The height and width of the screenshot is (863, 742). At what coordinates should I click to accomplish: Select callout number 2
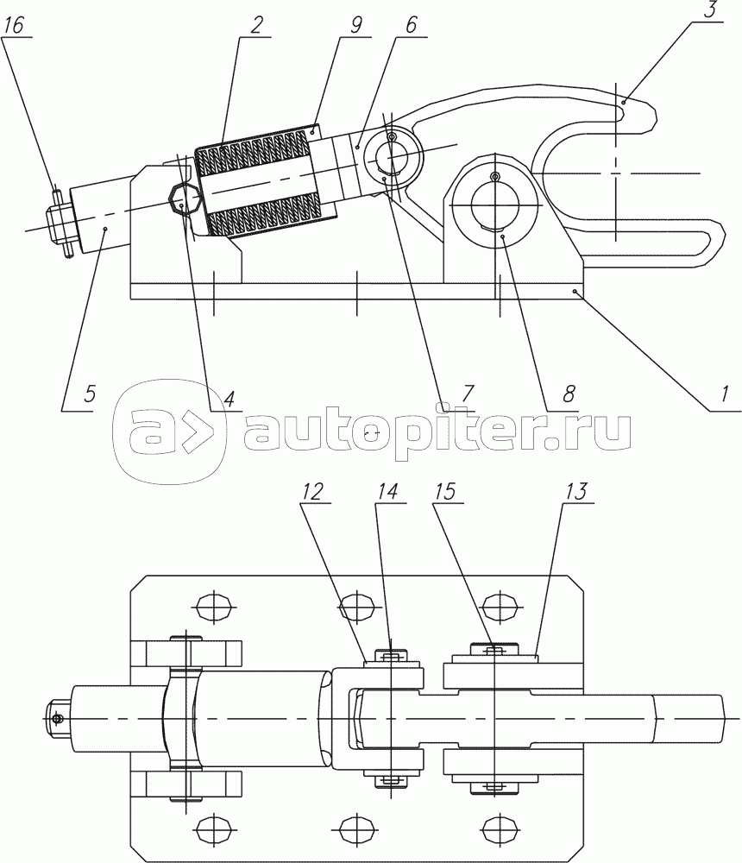pos(256,25)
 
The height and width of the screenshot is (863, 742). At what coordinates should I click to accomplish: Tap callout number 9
pos(356,25)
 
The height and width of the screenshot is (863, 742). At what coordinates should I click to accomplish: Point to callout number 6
pos(412,25)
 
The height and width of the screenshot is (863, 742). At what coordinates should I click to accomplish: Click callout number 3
pos(713,10)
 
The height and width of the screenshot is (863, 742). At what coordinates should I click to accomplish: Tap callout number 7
pos(467,393)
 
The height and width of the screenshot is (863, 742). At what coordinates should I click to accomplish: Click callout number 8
pos(569,394)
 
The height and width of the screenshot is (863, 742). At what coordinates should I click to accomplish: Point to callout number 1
pos(725,394)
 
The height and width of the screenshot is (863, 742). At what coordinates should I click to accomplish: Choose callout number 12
pos(312,492)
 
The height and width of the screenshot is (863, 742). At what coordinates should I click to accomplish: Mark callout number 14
pos(387,492)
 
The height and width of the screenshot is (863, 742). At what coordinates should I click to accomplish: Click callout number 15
pos(444,492)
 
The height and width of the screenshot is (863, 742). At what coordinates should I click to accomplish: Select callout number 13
pos(575,492)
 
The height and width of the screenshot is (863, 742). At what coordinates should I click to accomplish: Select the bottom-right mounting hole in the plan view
pos(500,826)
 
